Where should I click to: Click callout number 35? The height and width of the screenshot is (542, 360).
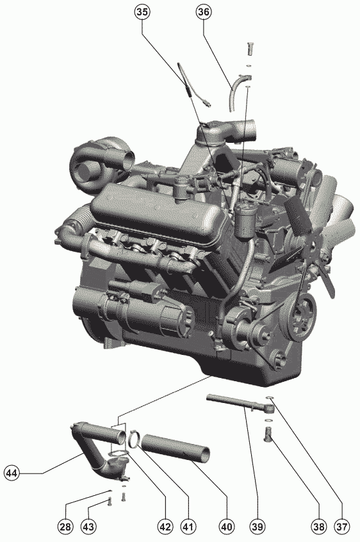(x=142, y=12)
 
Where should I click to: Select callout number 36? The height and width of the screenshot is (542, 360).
(x=203, y=12)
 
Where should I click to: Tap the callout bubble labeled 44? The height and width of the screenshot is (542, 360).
(x=12, y=473)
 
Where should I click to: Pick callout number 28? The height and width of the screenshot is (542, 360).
(x=65, y=527)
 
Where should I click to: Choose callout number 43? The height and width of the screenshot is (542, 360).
(x=88, y=527)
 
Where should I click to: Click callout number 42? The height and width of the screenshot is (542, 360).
(x=165, y=527)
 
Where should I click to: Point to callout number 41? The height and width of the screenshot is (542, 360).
(x=188, y=527)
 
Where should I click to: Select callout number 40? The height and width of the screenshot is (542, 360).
(x=226, y=527)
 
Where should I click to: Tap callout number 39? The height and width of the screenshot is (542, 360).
(x=258, y=527)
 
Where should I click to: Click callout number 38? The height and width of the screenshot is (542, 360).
(x=318, y=527)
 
